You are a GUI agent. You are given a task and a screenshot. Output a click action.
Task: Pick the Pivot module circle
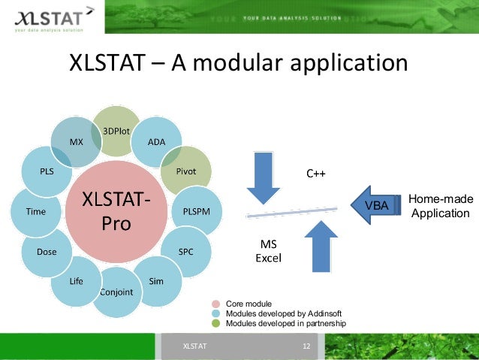pos(187,171)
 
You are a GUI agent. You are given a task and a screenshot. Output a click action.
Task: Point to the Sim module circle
pos(156,281)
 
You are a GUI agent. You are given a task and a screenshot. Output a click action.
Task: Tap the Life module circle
pos(77,281)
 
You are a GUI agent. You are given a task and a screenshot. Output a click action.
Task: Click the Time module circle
pos(36,212)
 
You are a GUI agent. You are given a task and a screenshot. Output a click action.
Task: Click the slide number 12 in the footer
pos(306,346)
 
